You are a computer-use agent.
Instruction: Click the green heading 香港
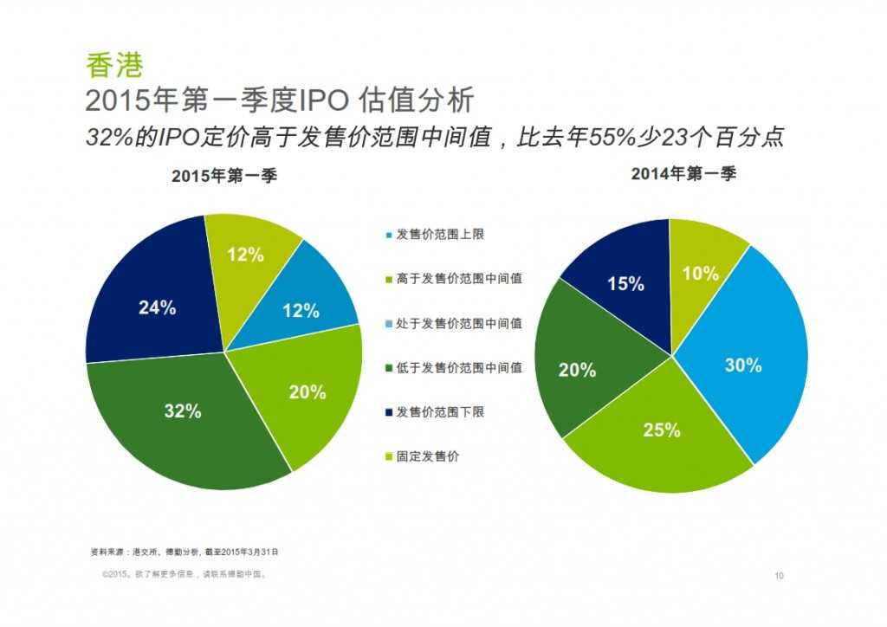113,65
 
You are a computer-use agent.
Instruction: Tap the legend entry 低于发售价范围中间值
458,367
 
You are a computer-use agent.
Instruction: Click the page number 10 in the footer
779,575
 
